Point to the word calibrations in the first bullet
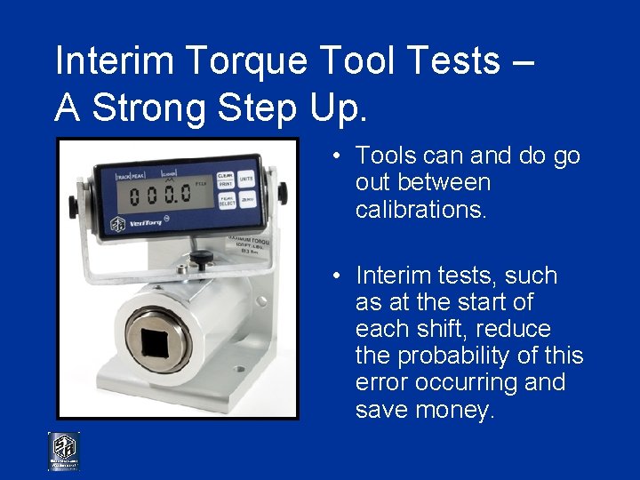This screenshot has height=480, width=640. (x=420, y=209)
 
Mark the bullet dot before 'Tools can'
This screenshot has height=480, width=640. (x=339, y=156)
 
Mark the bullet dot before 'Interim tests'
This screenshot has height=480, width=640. (x=339, y=276)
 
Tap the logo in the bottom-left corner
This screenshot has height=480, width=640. (x=64, y=452)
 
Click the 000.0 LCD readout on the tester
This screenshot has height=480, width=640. (x=161, y=193)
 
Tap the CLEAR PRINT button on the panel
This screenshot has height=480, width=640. (x=225, y=180)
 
